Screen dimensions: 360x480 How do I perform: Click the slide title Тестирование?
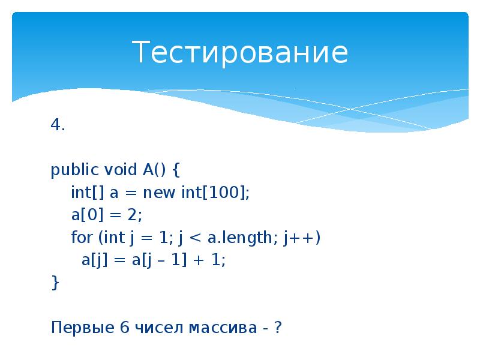pos(240,52)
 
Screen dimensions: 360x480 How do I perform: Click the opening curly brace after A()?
pos(176,171)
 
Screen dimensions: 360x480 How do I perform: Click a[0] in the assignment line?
pos(85,215)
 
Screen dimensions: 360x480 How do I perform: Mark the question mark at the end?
pos(277,328)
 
